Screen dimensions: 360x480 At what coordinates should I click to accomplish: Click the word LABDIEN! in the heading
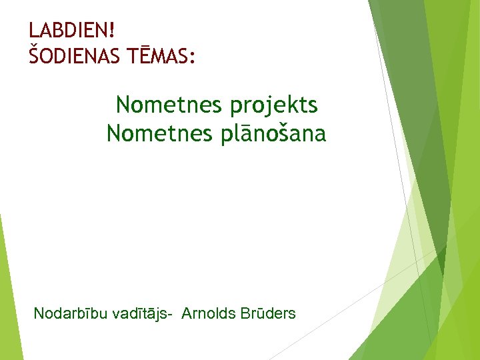click(72, 30)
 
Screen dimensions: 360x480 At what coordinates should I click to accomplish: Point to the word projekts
click(275, 105)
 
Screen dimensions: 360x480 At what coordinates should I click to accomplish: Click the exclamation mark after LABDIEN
click(111, 30)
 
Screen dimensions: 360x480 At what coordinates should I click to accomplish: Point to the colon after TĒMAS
click(193, 59)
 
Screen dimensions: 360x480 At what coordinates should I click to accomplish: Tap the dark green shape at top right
click(413, 100)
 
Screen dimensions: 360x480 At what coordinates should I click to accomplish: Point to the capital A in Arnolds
click(187, 313)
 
